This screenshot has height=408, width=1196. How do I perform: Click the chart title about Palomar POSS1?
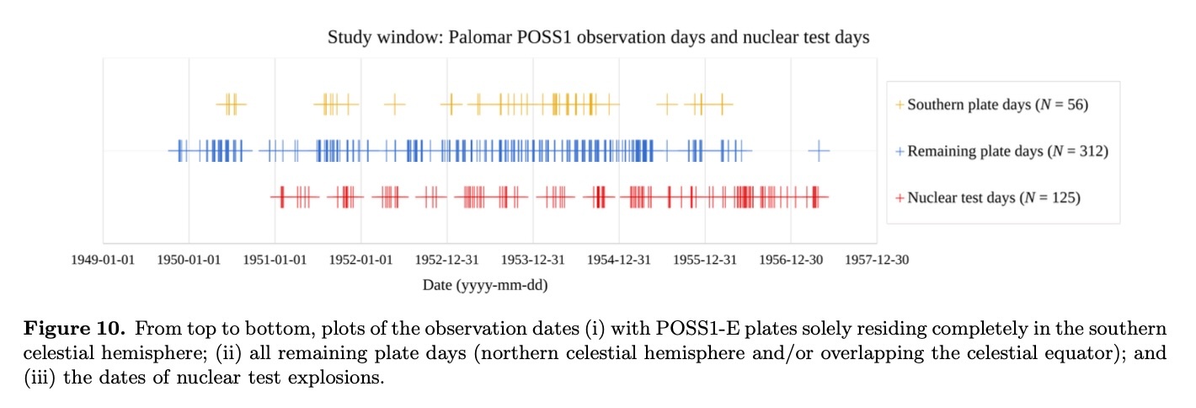[x=598, y=38]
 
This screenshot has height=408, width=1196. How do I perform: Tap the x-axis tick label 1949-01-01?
[x=103, y=260]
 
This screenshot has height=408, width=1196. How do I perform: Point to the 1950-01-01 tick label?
[x=189, y=260]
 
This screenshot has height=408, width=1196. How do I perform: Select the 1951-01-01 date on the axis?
[x=275, y=260]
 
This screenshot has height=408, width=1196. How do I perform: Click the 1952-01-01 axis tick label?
[x=360, y=260]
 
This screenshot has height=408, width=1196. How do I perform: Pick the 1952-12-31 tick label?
[x=446, y=260]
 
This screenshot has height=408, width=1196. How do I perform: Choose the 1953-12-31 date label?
[x=532, y=260]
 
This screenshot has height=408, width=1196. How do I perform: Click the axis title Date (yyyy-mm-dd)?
[x=485, y=286]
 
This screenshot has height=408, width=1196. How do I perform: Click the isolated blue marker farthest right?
[x=818, y=151]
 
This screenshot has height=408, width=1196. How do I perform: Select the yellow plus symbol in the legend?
[x=900, y=105]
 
